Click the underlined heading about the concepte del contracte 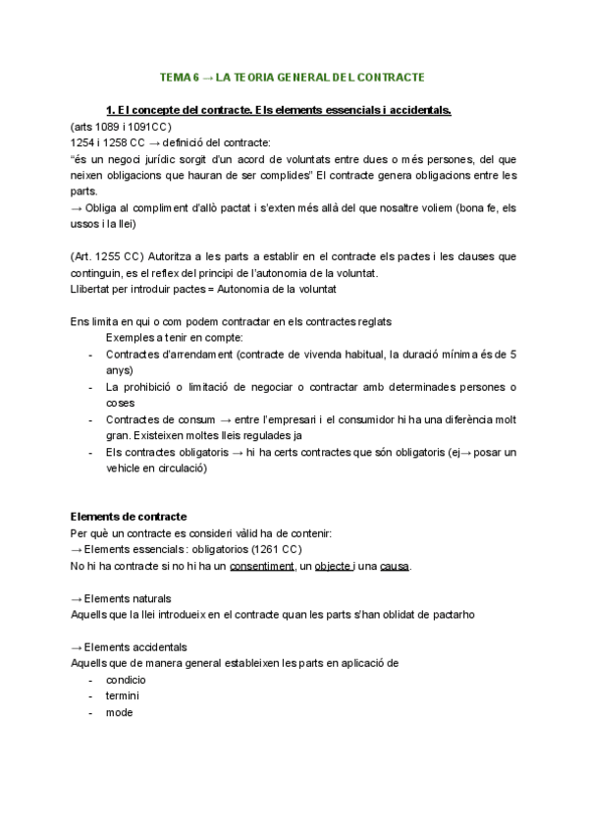click(278, 109)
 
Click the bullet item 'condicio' click(126, 680)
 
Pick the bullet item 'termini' click(123, 695)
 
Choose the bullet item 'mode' click(119, 712)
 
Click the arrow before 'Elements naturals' click(77, 598)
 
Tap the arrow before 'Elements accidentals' click(77, 647)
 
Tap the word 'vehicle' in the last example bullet click(125, 469)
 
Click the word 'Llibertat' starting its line click(92, 289)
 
